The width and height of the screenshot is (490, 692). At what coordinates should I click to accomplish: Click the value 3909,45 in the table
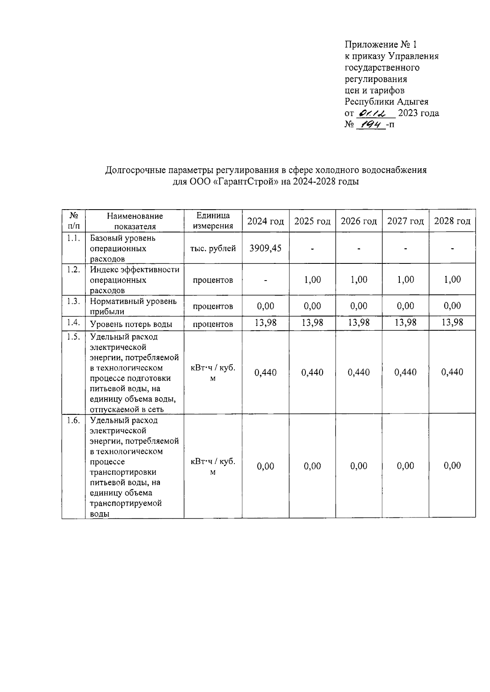pos(265,248)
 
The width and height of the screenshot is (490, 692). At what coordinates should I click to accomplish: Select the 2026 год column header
pos(359,221)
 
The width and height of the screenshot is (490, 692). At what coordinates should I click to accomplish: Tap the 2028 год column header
pos(452,221)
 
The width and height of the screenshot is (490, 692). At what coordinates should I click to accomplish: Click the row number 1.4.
pos(73,323)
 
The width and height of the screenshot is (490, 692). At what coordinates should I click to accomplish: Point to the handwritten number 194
pos(370,124)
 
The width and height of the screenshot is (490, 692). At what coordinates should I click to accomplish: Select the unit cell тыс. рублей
pos(213,248)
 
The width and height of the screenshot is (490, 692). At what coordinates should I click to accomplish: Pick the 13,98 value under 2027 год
pos(405,323)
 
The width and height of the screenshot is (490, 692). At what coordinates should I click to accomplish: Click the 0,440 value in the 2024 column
pos(265,372)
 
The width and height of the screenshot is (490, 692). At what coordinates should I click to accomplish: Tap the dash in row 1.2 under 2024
pos(265,280)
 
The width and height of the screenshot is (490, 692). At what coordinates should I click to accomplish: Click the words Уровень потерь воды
pos(131,324)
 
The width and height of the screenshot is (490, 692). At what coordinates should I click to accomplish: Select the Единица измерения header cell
pos(213,221)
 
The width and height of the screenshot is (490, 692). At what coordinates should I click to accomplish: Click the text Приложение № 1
pos(381,44)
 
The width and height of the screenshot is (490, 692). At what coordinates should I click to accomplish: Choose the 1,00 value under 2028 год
pos(452,279)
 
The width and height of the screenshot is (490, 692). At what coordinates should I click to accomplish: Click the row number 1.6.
pos(73,420)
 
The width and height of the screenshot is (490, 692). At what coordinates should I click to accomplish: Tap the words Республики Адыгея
pos(386,102)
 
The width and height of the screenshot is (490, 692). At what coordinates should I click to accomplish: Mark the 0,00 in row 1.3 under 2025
pos(312,306)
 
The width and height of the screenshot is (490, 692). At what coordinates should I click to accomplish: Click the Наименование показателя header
pos(135,221)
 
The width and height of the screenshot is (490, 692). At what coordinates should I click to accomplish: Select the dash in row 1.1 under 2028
pos(452,248)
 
